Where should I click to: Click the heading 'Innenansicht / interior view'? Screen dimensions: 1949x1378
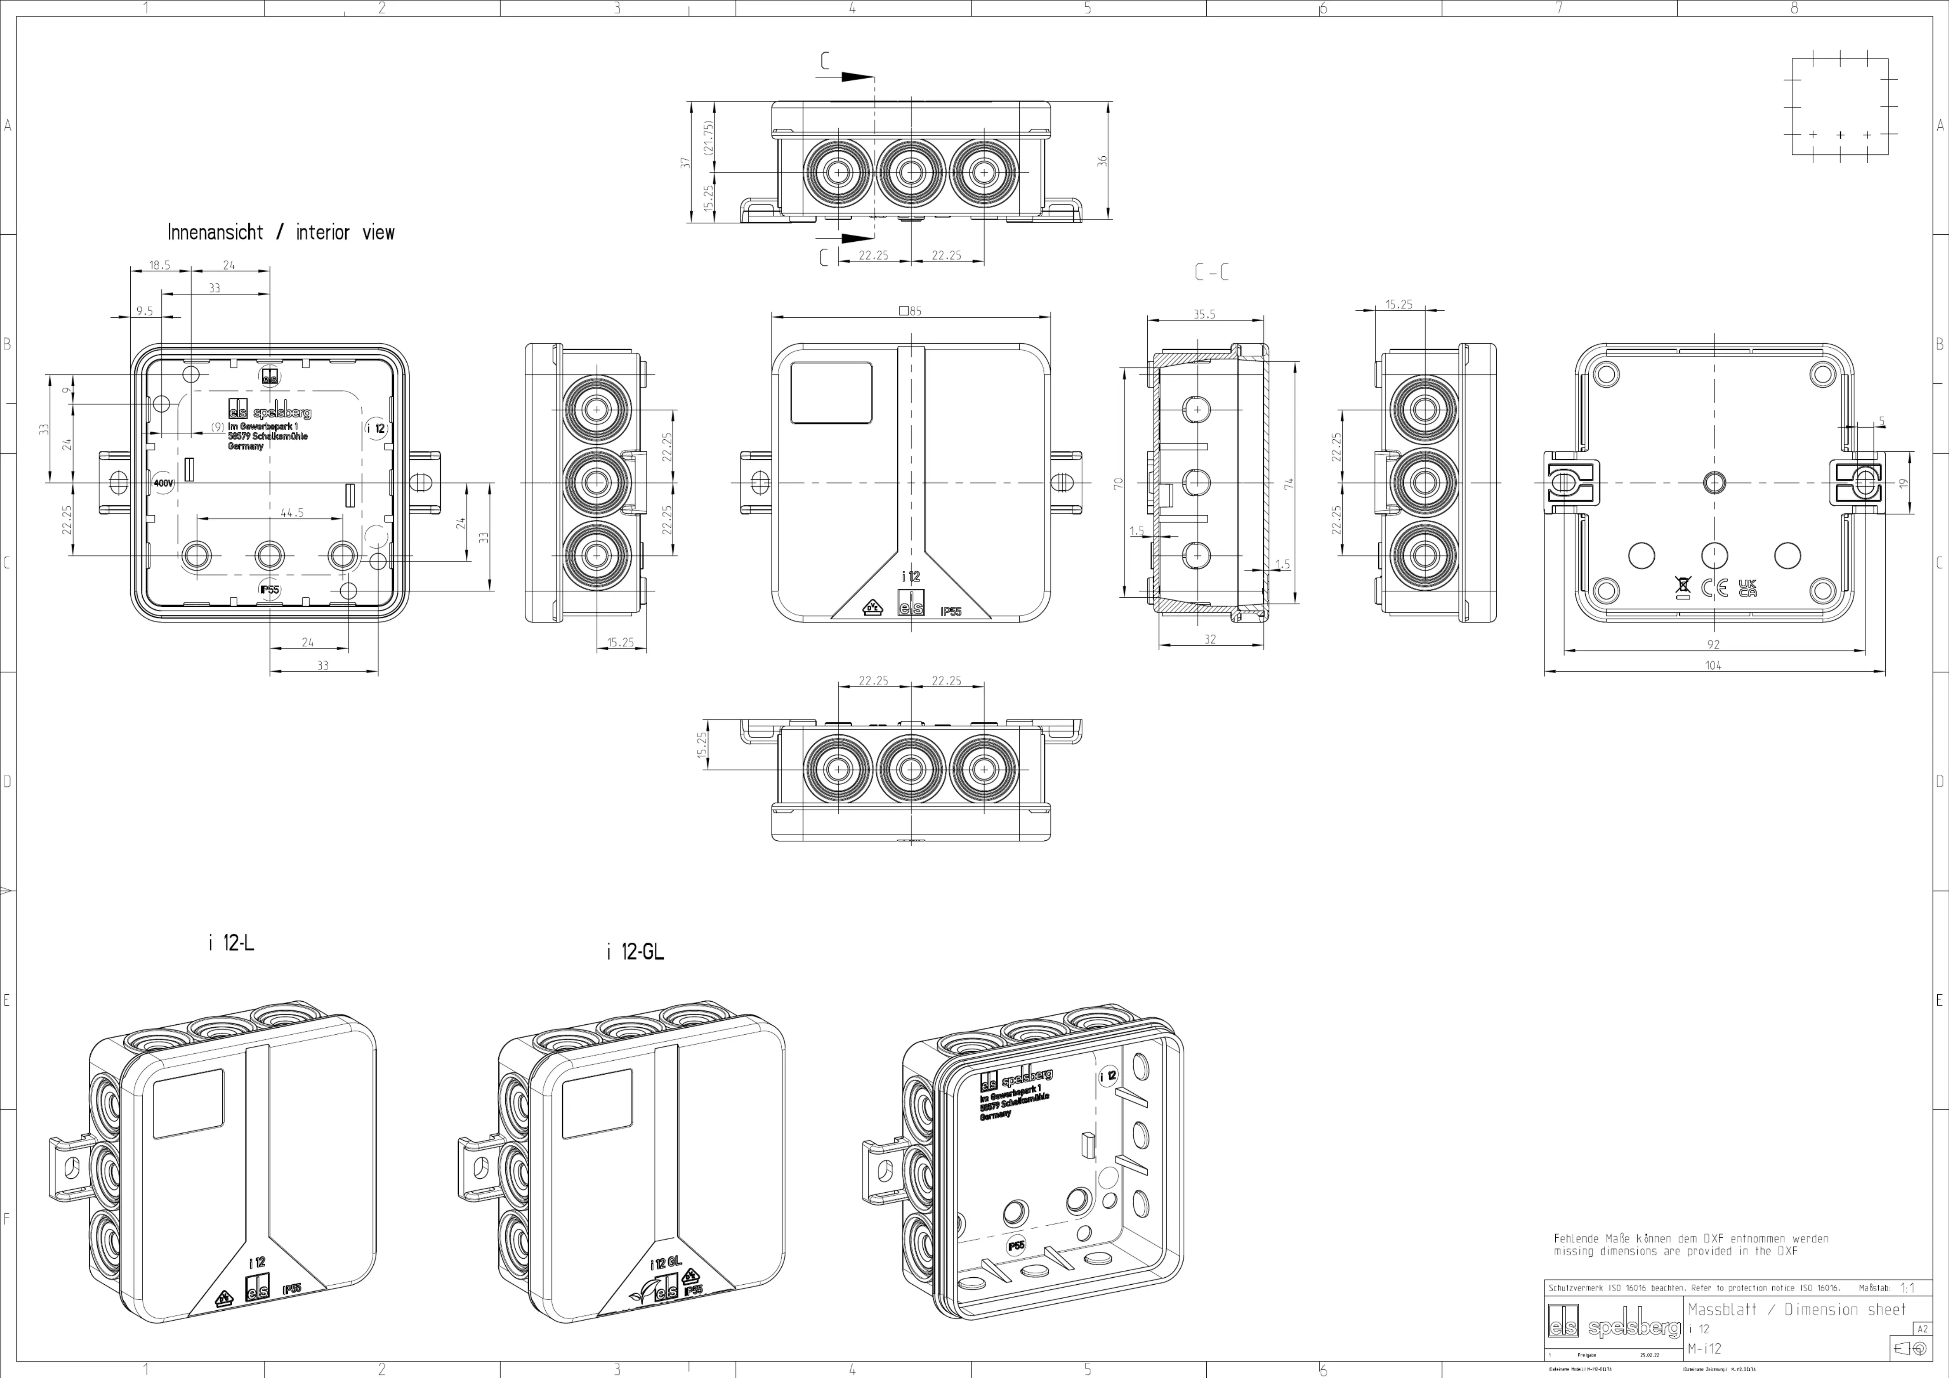[x=281, y=233]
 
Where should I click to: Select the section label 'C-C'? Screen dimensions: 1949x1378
[x=1212, y=273]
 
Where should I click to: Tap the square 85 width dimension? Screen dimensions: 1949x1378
[x=910, y=311]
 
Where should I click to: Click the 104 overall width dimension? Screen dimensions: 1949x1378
[x=1713, y=665]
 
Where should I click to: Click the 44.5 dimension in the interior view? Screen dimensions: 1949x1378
[x=292, y=513]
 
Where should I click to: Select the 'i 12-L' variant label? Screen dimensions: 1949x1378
[x=231, y=943]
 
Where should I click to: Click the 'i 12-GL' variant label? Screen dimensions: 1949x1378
[x=635, y=952]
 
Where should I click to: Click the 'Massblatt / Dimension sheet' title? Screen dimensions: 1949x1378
[x=1797, y=1309]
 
